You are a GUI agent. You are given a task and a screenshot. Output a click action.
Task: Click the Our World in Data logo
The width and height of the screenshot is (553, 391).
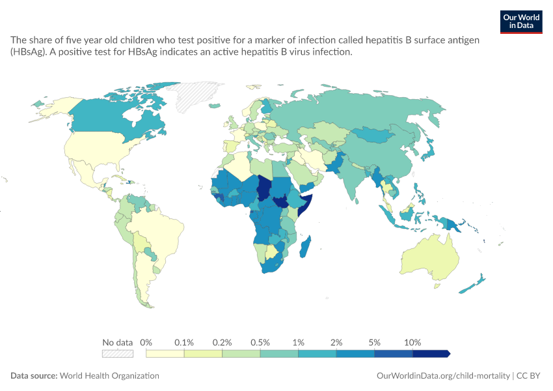[521, 22]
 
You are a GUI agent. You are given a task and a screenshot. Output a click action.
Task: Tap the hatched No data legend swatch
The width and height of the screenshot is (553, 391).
[118, 354]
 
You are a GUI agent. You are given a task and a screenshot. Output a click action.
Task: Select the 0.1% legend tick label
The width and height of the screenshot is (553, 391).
[184, 342]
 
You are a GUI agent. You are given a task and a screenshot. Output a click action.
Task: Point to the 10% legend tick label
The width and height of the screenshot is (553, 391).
[412, 342]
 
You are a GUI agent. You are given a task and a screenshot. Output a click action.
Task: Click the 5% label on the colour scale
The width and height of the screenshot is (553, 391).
[375, 342]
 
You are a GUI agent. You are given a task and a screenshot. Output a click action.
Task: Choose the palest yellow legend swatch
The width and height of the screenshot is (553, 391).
[165, 354]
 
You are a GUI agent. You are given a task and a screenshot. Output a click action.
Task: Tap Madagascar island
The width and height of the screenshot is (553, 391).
[305, 247]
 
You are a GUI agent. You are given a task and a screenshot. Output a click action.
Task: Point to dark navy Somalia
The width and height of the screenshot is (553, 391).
[305, 204]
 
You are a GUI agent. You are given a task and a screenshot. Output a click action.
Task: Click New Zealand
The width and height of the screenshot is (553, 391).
[472, 283]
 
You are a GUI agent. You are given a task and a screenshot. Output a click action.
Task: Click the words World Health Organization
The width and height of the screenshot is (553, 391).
[109, 375]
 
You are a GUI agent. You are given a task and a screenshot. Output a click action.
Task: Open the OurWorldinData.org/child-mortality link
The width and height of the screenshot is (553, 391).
[443, 375]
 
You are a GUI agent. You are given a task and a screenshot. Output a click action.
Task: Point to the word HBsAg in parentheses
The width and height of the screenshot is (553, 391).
[27, 52]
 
